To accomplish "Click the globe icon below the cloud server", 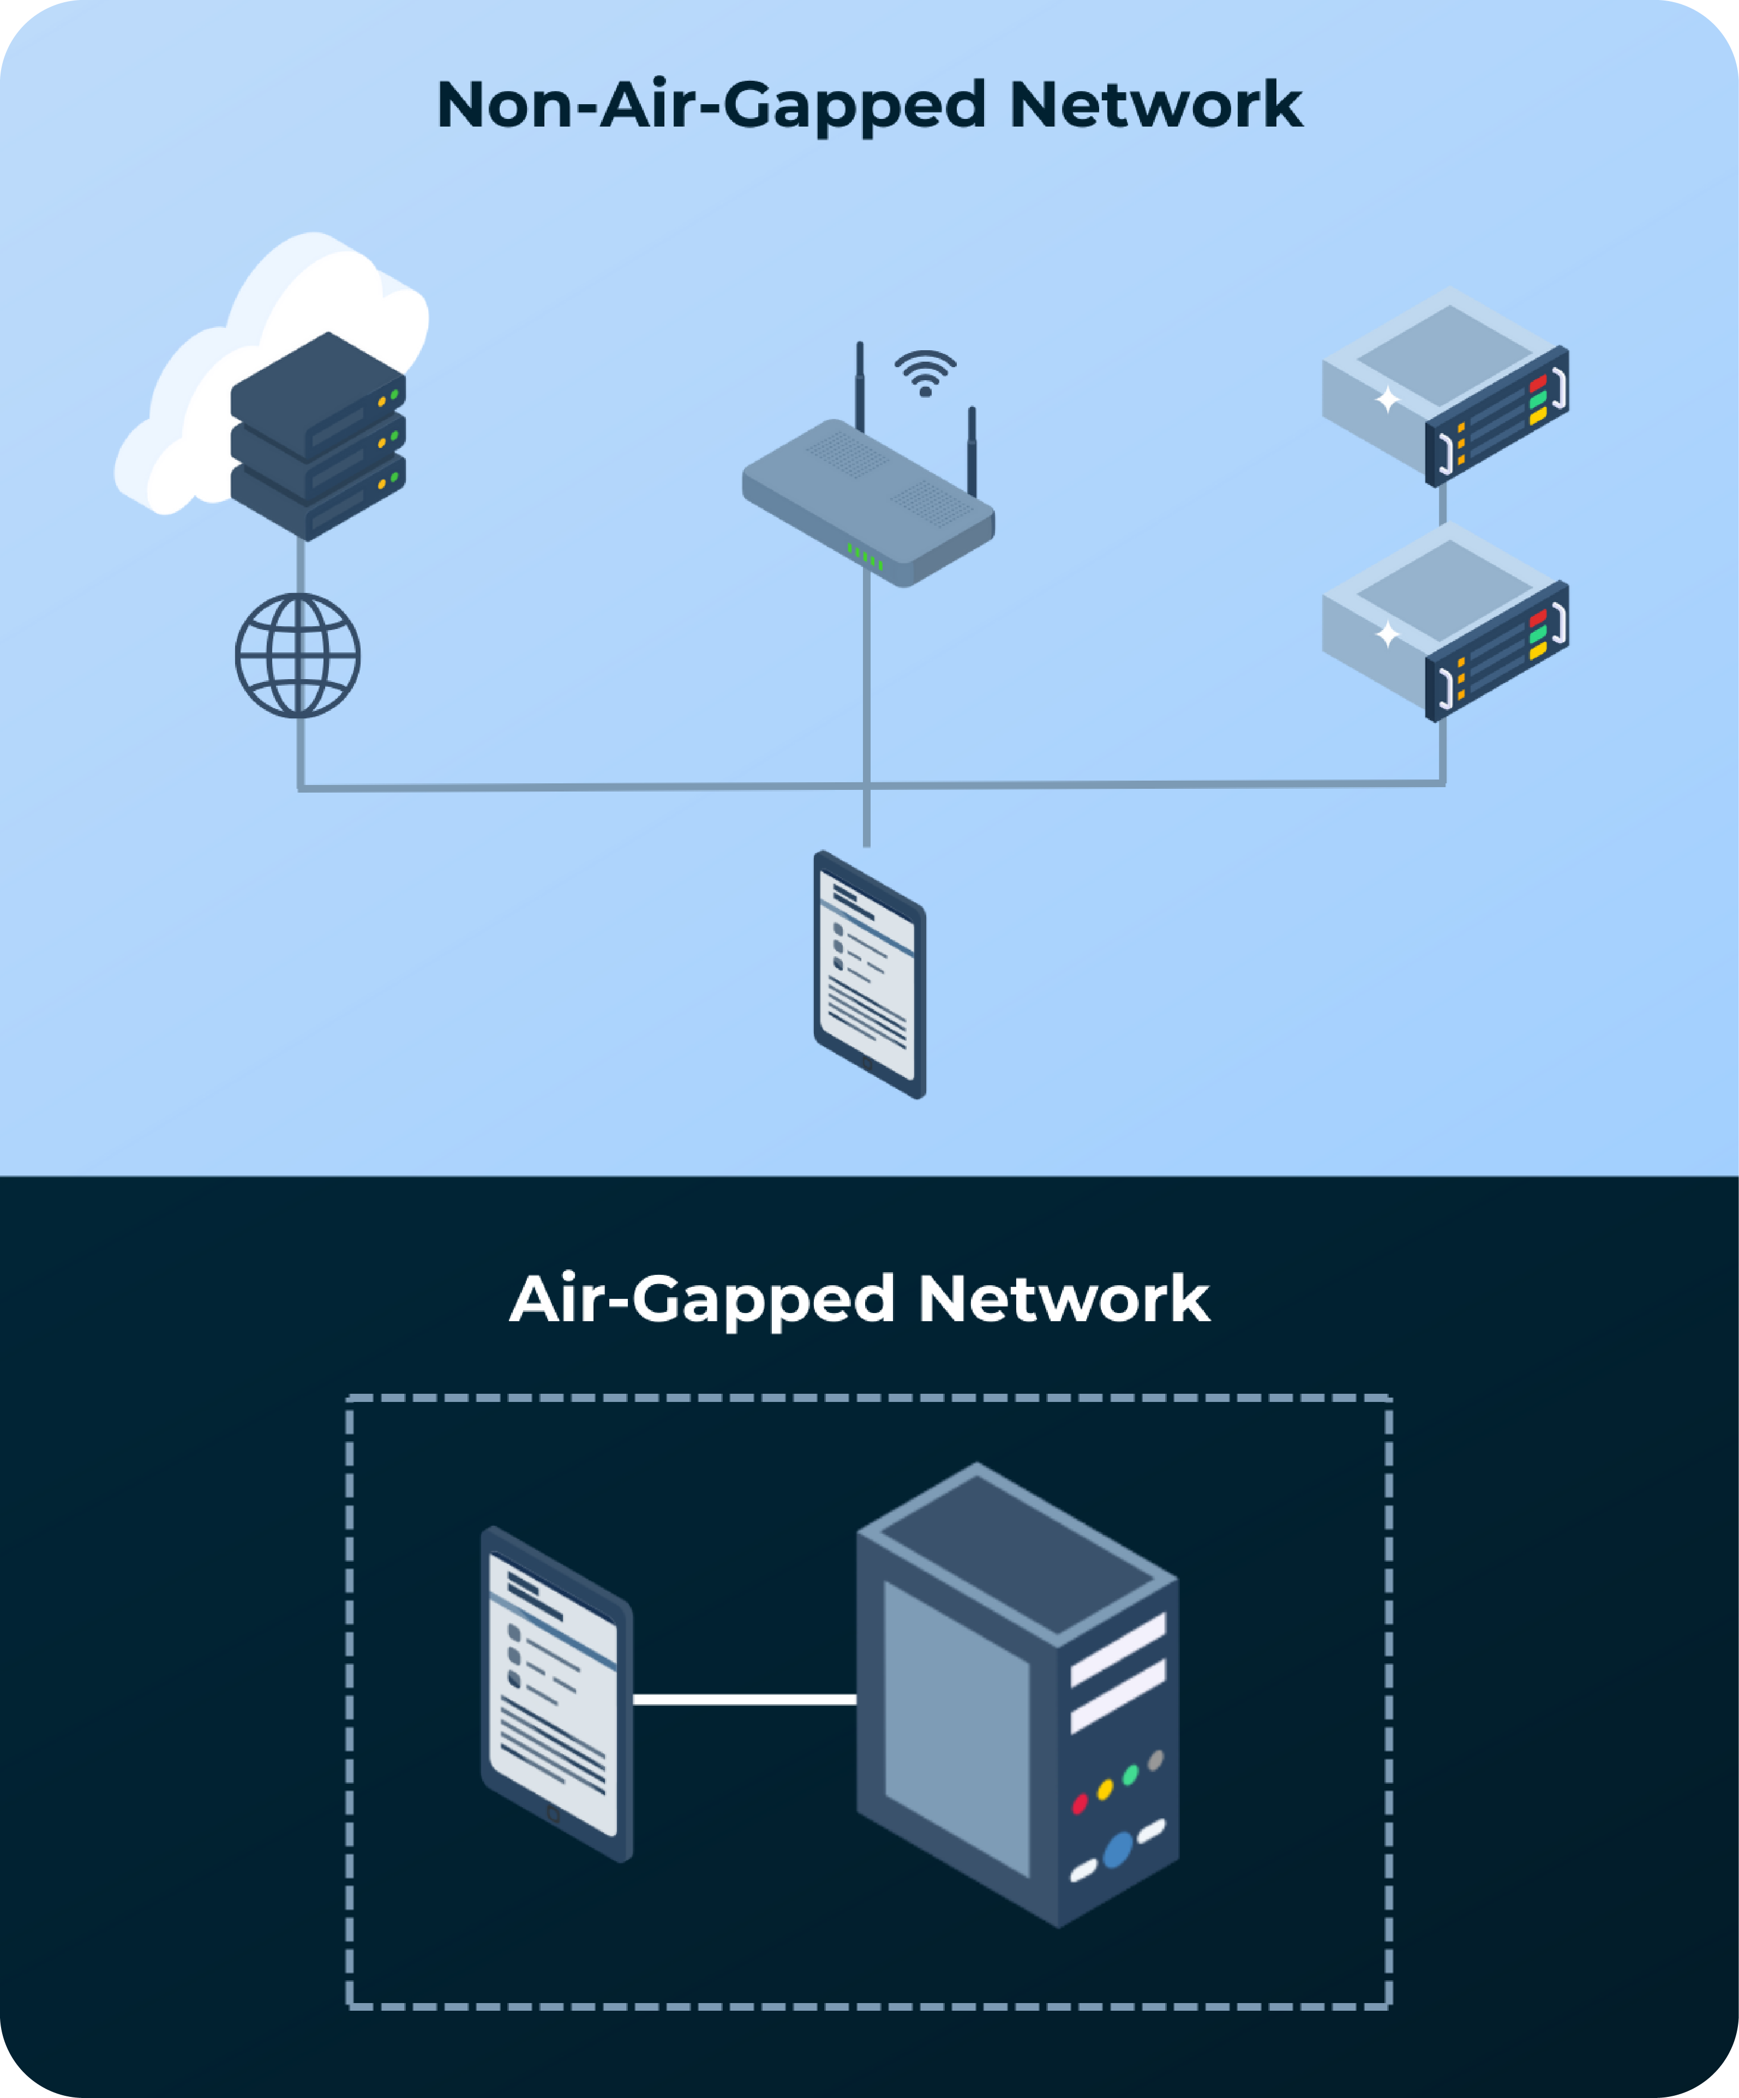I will tap(298, 655).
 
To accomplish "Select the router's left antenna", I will tap(859, 385).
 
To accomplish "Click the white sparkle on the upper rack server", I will tap(1387, 400).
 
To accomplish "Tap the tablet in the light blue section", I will tap(869, 974).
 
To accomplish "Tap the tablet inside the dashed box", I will tap(556, 1693).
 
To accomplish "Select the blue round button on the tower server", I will tap(1118, 1849).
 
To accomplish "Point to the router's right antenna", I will tap(971, 449).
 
